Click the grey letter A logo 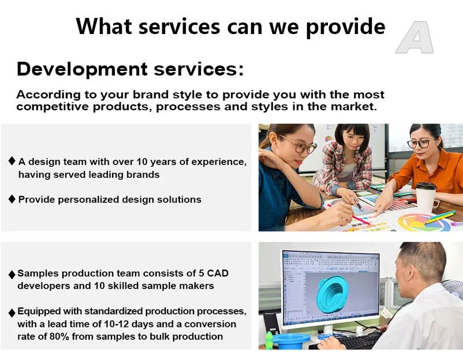(x=415, y=37)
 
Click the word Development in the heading (x=82, y=69)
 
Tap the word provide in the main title (x=345, y=27)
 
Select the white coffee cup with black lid (x=426, y=197)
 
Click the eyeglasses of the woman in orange (x=419, y=144)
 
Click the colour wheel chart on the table (x=424, y=223)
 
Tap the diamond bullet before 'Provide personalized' (x=12, y=199)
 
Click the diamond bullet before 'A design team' (x=12, y=161)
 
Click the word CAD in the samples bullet (x=218, y=273)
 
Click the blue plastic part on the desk (x=291, y=342)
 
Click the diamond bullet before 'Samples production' (x=12, y=275)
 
